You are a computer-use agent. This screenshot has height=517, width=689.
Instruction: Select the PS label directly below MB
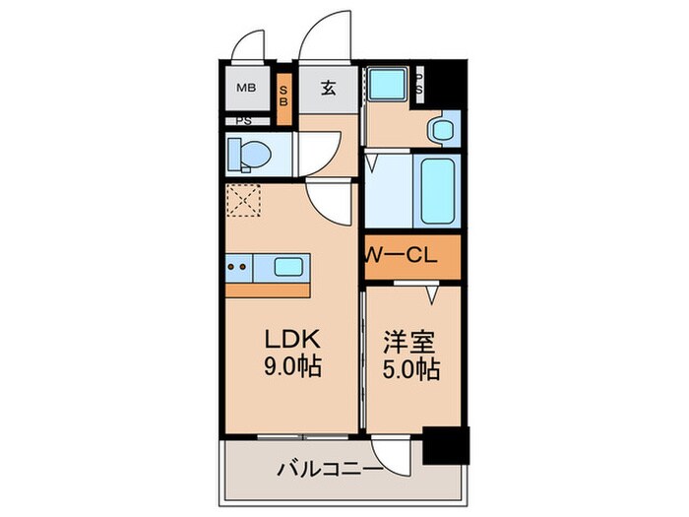(242, 122)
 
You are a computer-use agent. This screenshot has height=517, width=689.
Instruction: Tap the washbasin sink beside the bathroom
(443, 127)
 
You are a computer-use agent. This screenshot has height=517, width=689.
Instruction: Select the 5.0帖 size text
(411, 371)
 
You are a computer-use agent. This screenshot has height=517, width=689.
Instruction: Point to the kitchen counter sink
(289, 266)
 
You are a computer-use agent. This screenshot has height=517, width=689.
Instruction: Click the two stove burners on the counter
(236, 266)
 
